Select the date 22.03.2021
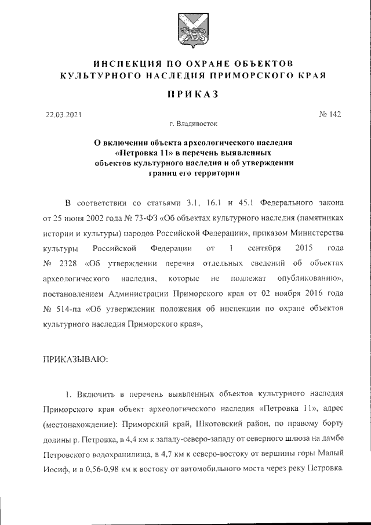pos(64,114)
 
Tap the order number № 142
pos(330,114)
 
